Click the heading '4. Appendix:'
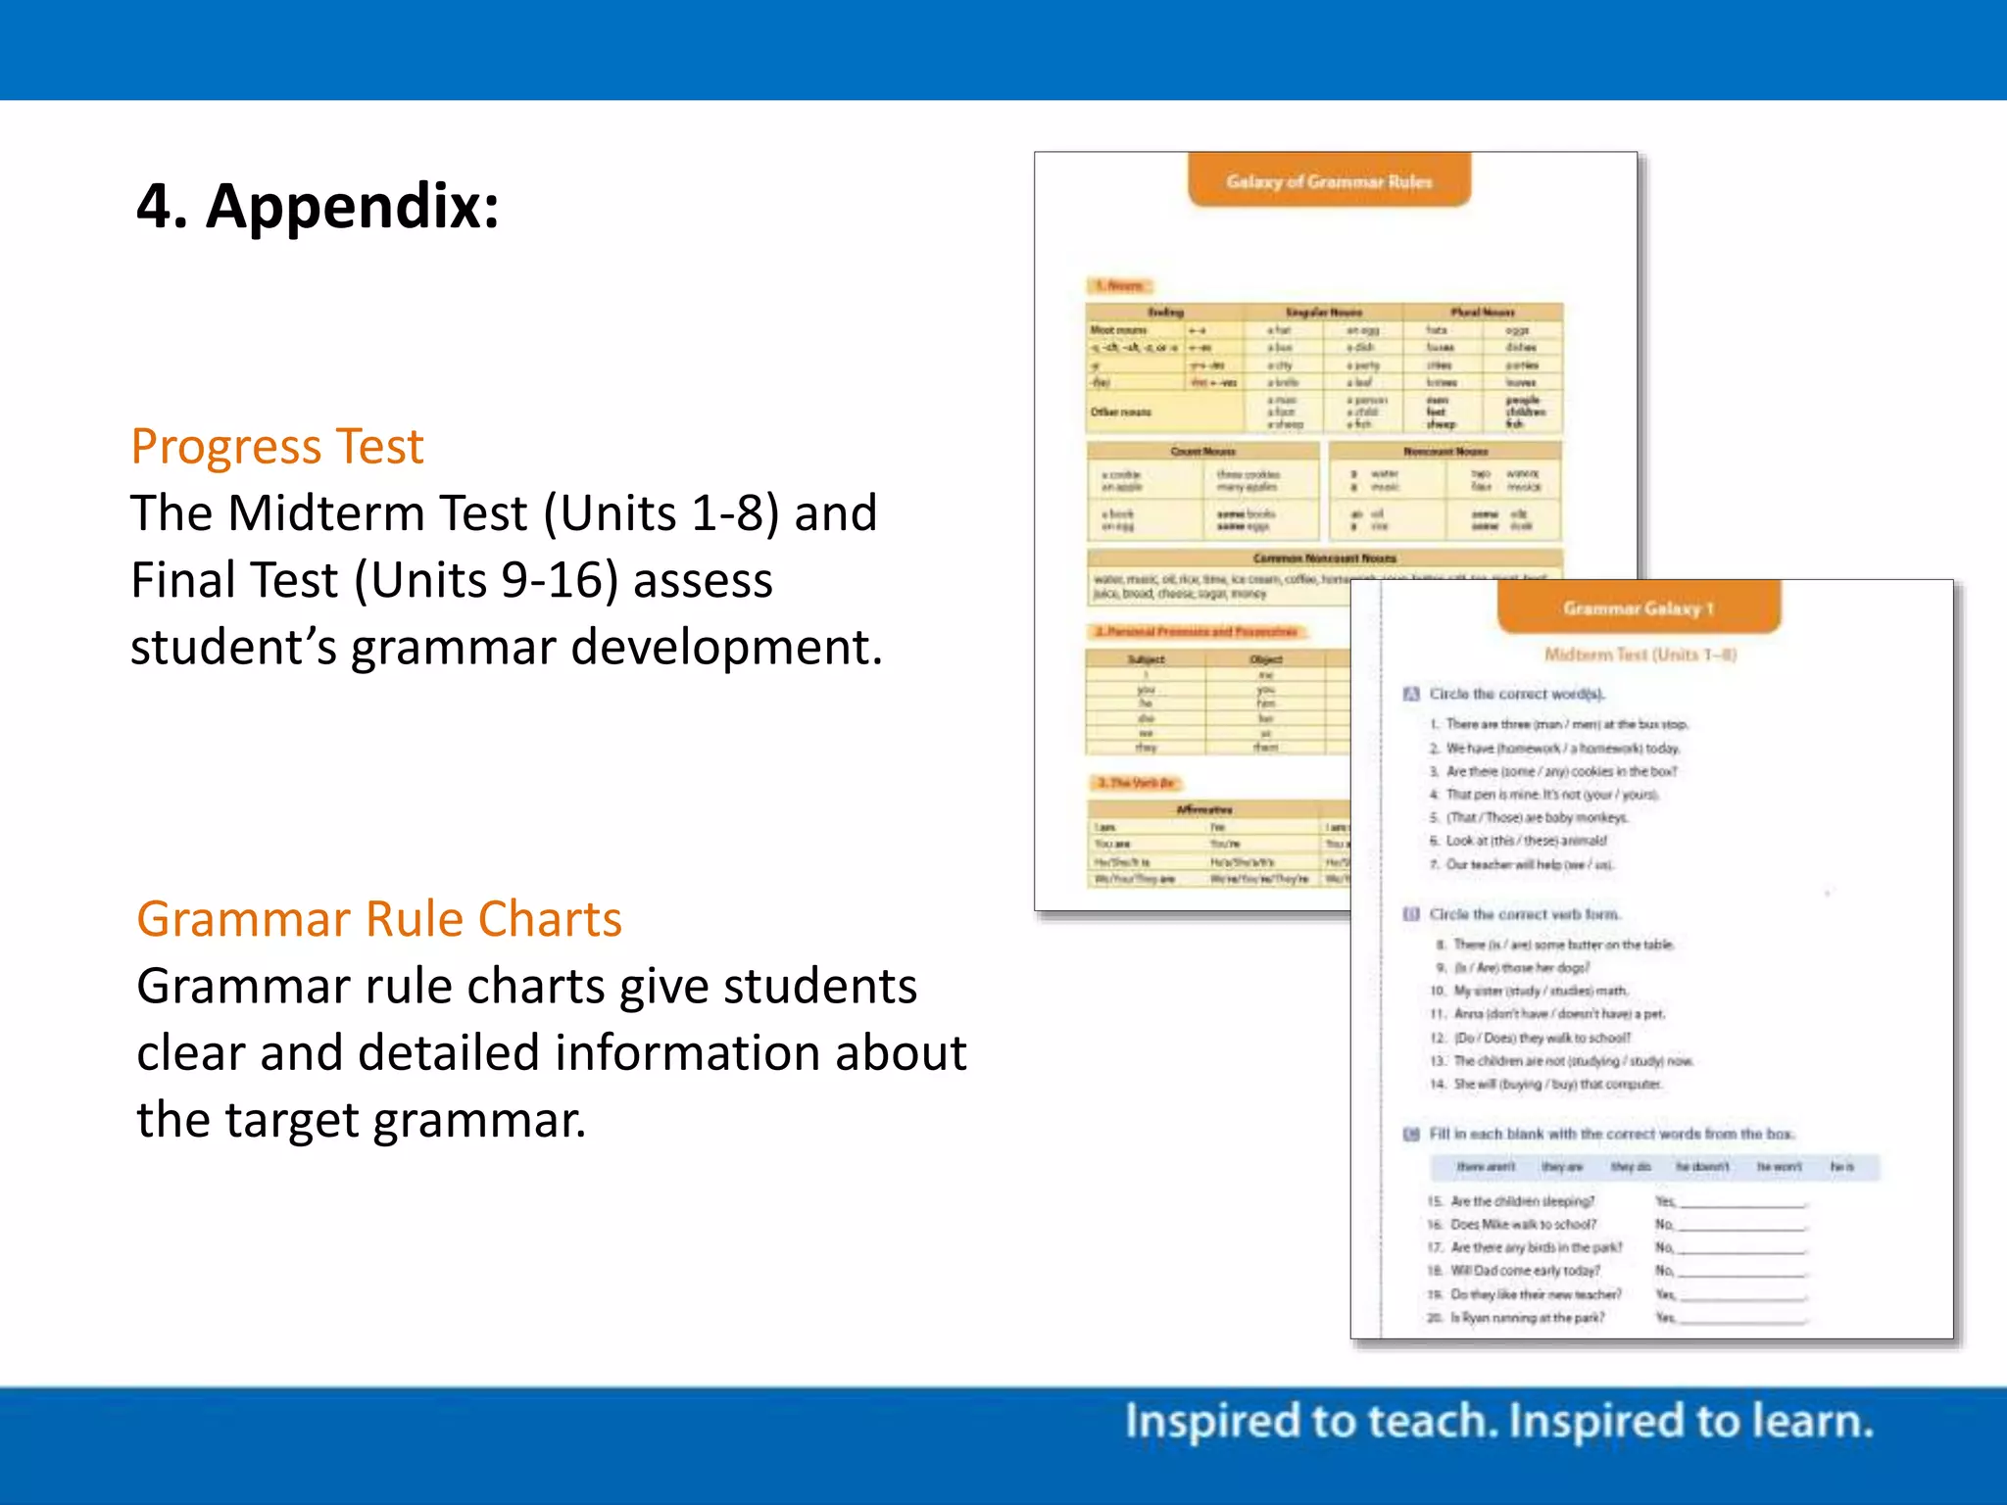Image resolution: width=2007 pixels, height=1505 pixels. pos(318,207)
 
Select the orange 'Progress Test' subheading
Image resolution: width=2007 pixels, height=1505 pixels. pos(277,447)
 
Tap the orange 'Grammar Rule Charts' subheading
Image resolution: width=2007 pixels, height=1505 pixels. pos(379,919)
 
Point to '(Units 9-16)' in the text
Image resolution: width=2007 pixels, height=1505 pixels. pos(486,580)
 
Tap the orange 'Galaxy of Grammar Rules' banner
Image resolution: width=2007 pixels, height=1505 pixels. pos(1329,181)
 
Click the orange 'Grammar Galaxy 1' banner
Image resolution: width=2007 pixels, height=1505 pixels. pos(1638,608)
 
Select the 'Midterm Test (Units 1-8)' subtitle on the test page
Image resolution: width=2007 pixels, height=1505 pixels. pos(1640,655)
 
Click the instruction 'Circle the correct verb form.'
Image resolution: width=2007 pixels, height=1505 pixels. pos(1524,914)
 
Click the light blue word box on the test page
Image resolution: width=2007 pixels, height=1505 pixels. pos(1654,1167)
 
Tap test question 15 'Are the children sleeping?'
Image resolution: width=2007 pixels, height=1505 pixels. pos(1522,1201)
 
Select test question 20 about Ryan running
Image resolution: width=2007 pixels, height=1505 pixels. pos(1527,1318)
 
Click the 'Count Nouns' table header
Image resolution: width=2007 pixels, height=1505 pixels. pos(1202,452)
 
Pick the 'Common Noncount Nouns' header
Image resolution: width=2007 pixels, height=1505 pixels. pos(1324,558)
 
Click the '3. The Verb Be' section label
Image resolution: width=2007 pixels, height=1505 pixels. pos(1136,783)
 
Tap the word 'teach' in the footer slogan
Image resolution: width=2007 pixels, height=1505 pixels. pos(1432,1422)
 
